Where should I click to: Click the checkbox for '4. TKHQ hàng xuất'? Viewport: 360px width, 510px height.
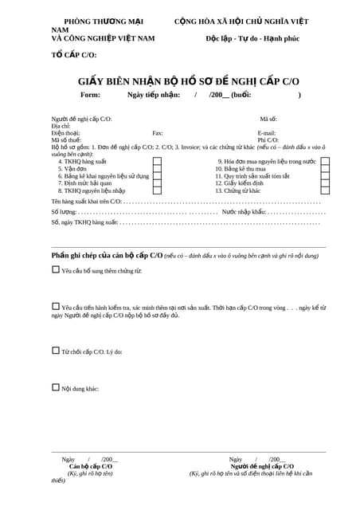(157, 162)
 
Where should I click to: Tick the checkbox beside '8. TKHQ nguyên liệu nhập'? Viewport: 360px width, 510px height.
(157, 190)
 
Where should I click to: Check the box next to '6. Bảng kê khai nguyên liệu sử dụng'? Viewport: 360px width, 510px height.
(157, 176)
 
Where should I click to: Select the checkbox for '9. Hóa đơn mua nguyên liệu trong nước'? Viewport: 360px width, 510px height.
(325, 162)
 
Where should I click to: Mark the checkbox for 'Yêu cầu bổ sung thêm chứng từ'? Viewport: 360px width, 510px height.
(56, 270)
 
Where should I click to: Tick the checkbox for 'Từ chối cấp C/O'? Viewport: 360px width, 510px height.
(56, 350)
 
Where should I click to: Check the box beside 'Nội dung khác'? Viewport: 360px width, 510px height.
(56, 387)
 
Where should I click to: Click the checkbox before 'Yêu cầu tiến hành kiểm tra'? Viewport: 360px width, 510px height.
(56, 306)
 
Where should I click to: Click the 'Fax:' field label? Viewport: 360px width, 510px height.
(158, 133)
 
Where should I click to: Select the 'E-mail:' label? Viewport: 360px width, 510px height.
(266, 133)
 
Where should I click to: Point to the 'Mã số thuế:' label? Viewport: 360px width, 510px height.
(65, 140)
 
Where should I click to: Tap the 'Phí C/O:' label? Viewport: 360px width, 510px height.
(268, 140)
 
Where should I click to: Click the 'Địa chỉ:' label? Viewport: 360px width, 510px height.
(61, 126)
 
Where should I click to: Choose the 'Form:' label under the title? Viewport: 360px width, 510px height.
(91, 95)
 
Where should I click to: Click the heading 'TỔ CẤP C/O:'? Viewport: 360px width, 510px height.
(74, 55)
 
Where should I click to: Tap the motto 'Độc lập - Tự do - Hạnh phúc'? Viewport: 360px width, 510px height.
(252, 38)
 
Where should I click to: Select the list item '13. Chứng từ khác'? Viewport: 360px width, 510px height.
(237, 190)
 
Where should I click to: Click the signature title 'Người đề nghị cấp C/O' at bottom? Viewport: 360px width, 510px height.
(262, 466)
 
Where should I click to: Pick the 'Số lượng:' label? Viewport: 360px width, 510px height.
(65, 213)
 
